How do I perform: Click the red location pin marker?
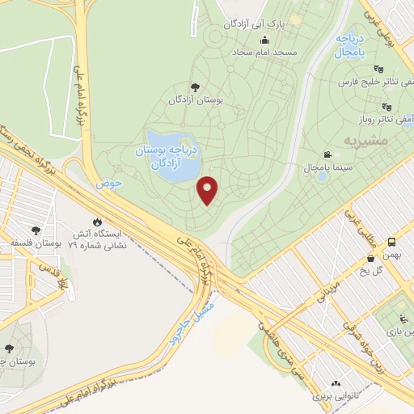click(209, 190)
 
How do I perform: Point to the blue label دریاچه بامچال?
click(349, 44)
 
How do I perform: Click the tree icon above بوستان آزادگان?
click(194, 87)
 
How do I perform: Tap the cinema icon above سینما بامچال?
click(327, 154)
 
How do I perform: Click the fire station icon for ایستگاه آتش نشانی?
click(98, 222)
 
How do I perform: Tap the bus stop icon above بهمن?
click(392, 241)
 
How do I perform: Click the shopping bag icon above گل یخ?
click(371, 259)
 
